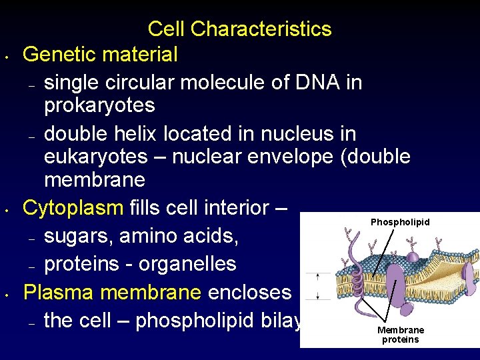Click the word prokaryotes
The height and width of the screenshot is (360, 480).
pyautogui.click(x=99, y=105)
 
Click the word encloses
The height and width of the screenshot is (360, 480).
pyautogui.click(x=250, y=292)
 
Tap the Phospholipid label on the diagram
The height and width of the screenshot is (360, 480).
pyautogui.click(x=400, y=222)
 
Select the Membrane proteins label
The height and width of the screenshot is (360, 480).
pyautogui.click(x=400, y=335)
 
